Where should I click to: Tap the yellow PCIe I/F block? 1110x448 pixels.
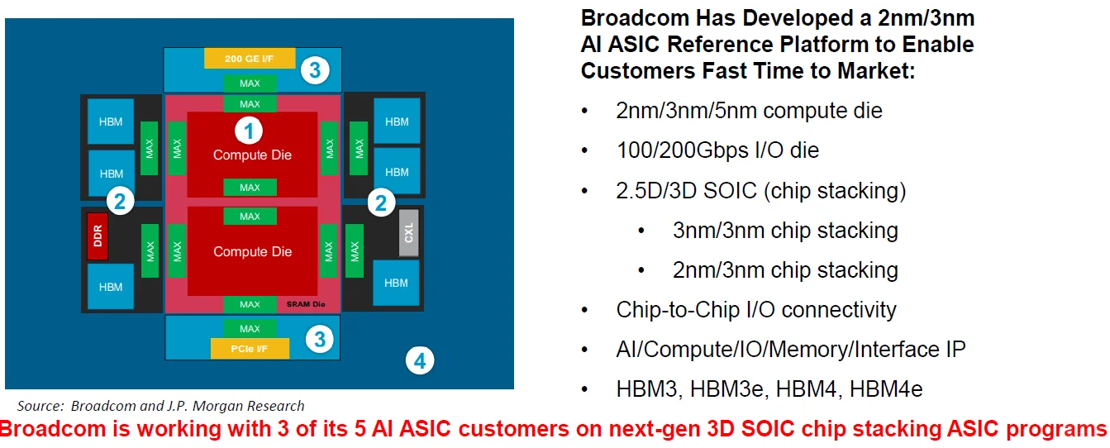(x=250, y=349)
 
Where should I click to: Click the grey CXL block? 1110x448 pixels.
(x=408, y=232)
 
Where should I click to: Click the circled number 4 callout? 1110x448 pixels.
(x=420, y=360)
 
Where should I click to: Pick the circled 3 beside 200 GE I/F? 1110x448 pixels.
(x=314, y=70)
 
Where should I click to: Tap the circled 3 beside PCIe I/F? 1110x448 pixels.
(x=320, y=338)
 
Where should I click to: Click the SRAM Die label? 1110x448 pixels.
(x=307, y=305)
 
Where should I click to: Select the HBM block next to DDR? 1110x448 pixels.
(x=111, y=287)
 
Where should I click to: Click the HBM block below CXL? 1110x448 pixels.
(x=396, y=283)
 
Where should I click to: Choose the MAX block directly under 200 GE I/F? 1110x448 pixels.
(x=250, y=83)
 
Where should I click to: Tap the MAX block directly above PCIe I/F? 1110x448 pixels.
(x=250, y=328)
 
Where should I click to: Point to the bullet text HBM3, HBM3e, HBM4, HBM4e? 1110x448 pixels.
(x=769, y=389)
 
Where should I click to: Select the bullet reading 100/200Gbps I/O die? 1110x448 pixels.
(x=717, y=150)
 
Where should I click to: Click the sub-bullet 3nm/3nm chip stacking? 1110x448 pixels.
(x=785, y=230)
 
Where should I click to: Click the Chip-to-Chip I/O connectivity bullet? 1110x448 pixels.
(x=756, y=310)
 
